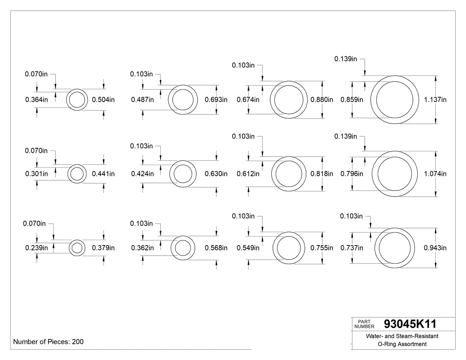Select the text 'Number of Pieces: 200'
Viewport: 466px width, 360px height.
[x=48, y=342]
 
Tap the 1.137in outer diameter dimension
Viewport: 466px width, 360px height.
[x=435, y=100]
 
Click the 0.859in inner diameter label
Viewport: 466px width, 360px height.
[x=351, y=100]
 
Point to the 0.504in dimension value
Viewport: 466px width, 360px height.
[x=103, y=100]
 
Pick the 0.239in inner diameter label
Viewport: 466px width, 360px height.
[x=36, y=248]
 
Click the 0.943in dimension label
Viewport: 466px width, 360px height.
[x=435, y=248]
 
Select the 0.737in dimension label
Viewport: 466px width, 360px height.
[x=351, y=248]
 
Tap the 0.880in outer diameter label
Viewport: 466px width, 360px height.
[x=322, y=100]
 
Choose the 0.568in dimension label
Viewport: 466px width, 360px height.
[x=216, y=248]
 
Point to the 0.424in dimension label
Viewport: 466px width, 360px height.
[x=142, y=174]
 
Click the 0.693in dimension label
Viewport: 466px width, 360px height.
[x=216, y=100]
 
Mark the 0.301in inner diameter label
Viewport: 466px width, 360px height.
[x=36, y=174]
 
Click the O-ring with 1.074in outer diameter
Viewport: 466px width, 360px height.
[x=395, y=174]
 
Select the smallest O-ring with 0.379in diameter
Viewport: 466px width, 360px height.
[x=77, y=248]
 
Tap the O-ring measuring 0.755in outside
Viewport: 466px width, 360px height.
[x=288, y=248]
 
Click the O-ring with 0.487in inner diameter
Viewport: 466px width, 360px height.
[x=183, y=100]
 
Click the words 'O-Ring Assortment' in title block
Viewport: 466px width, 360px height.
[x=402, y=344]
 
